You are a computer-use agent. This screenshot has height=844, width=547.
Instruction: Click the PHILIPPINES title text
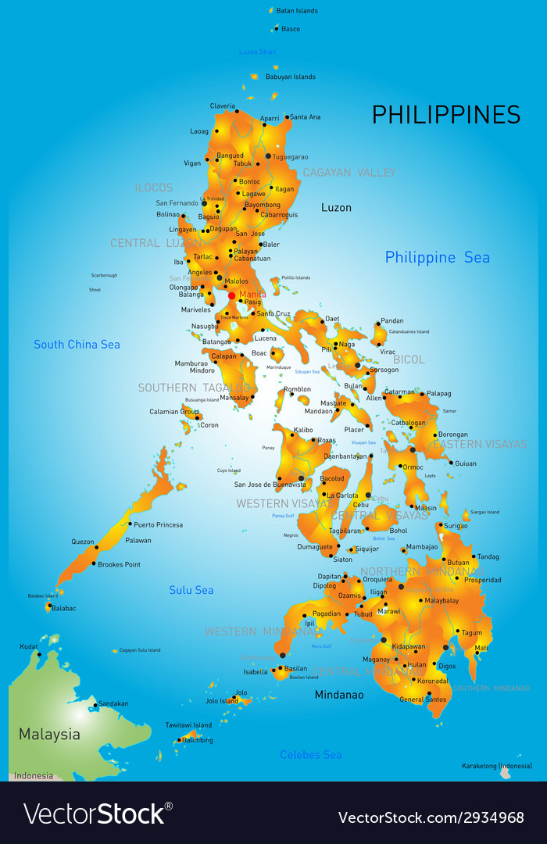[x=445, y=115]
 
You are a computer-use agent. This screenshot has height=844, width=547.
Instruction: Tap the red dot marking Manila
[x=231, y=295]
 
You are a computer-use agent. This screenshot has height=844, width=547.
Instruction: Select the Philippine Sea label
[x=437, y=257]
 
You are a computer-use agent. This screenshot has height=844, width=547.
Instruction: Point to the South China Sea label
[x=77, y=344]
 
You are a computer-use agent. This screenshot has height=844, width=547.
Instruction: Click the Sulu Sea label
[x=191, y=590]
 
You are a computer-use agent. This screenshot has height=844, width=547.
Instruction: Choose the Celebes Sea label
[x=311, y=754]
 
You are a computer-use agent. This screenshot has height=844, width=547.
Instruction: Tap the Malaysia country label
[x=49, y=734]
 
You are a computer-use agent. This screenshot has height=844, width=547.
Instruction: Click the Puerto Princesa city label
[x=158, y=524]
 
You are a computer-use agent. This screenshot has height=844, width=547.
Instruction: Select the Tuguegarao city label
[x=290, y=156]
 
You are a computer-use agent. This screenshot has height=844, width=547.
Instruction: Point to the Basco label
[x=291, y=29]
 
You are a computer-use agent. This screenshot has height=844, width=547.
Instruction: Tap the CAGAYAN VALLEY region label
[x=349, y=172]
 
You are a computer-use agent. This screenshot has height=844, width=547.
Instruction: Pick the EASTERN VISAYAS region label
[x=480, y=444]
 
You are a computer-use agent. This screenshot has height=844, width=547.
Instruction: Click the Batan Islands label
[x=298, y=11]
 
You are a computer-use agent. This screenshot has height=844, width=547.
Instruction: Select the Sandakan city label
[x=113, y=703]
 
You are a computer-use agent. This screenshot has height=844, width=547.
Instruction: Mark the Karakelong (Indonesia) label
[x=496, y=766]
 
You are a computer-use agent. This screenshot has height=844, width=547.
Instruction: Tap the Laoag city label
[x=199, y=131]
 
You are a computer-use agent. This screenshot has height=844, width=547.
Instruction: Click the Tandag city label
[x=488, y=556]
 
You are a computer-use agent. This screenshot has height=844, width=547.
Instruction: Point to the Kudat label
[x=29, y=646]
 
